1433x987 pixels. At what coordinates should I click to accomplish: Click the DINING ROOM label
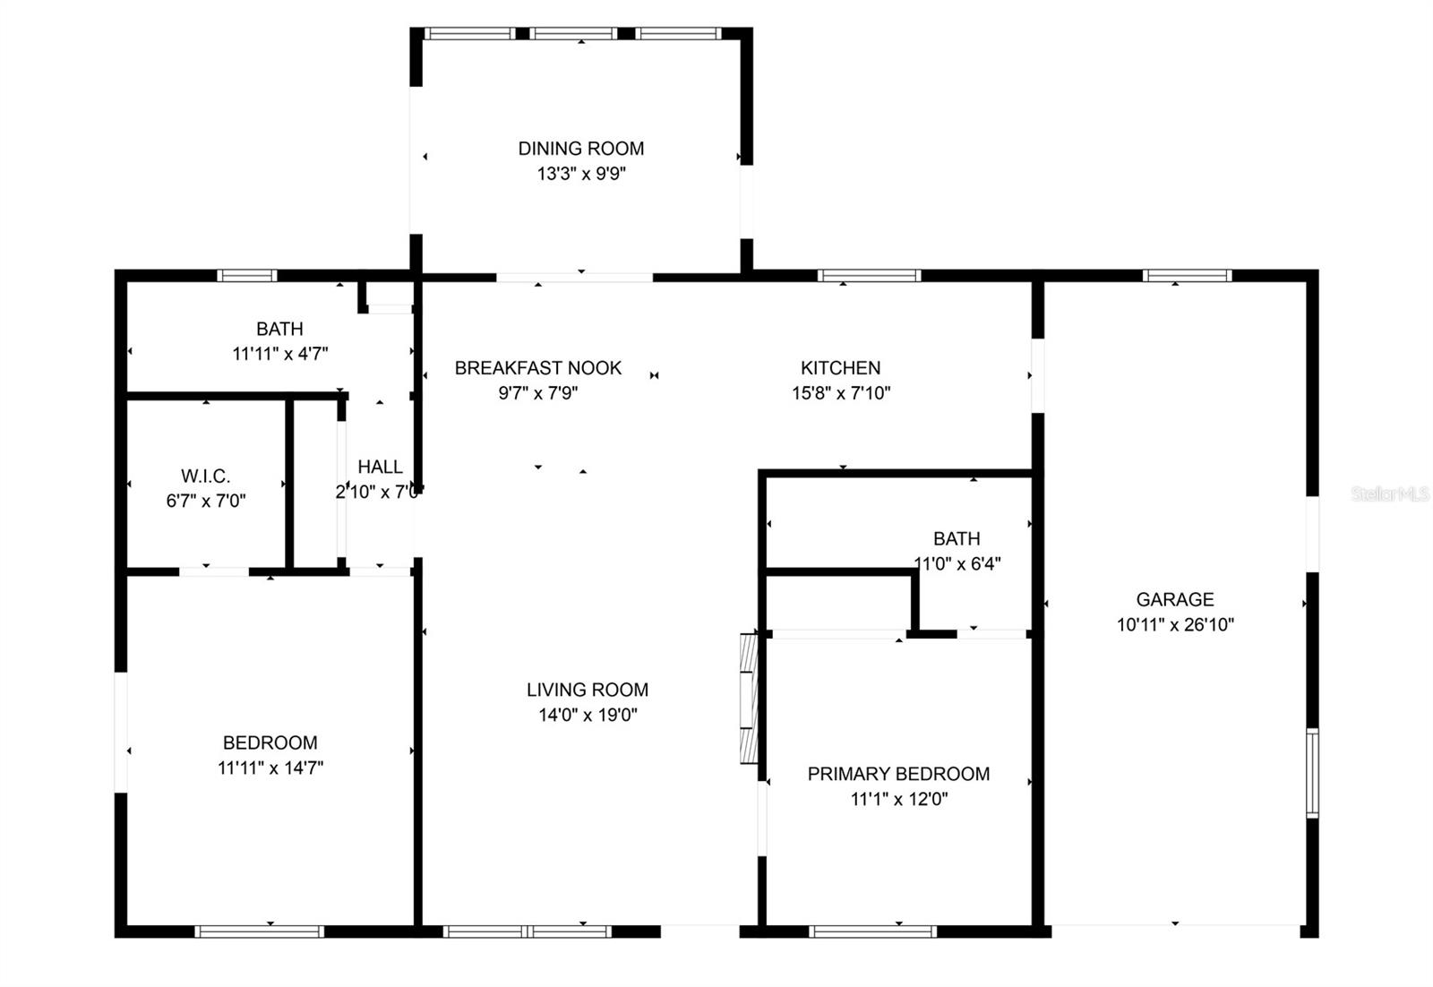coord(581,149)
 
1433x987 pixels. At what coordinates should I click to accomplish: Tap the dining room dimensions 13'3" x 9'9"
coord(581,174)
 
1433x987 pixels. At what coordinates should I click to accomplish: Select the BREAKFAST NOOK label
coord(538,368)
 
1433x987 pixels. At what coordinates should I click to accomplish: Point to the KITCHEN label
coord(841,368)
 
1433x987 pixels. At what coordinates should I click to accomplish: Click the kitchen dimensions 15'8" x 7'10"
coord(841,393)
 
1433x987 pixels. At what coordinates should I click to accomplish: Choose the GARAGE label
coord(1175,599)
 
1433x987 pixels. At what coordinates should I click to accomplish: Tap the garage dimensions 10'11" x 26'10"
coord(1175,624)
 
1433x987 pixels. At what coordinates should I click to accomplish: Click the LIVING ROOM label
coord(588,690)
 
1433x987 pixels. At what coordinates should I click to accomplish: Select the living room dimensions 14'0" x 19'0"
coord(588,715)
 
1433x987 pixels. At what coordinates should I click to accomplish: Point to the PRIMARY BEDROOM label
coord(899,774)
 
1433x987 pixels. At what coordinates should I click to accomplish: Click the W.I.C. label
coord(205,476)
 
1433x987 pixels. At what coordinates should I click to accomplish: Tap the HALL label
coord(380,467)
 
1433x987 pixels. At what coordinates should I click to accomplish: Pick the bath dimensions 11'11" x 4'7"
coord(280,354)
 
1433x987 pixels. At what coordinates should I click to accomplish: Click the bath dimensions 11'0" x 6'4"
coord(957,563)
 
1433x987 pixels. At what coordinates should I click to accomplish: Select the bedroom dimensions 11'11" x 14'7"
coord(270,768)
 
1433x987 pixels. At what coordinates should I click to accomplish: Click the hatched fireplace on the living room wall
coord(749,699)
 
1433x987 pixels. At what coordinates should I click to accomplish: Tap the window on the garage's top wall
coord(1188,276)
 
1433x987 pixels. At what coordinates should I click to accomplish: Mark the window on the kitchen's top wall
coord(870,276)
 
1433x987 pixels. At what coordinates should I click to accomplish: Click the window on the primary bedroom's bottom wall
coord(872,931)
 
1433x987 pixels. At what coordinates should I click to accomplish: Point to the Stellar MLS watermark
coord(1389,493)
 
